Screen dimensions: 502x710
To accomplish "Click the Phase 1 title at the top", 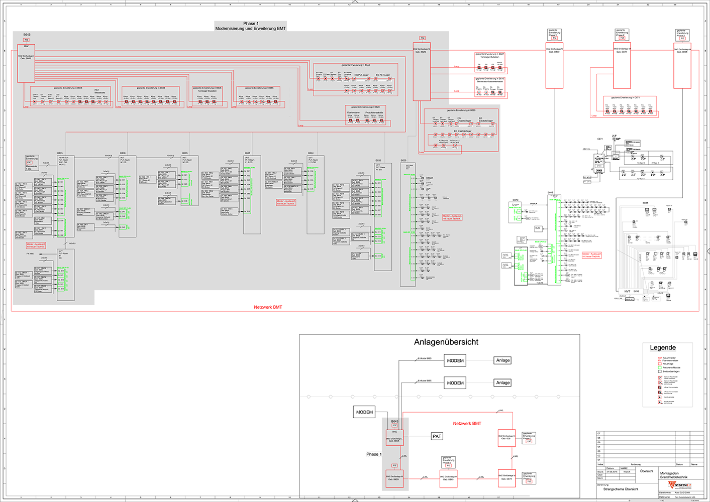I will click(251, 24).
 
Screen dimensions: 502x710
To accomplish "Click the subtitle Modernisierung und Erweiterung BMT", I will click(250, 29).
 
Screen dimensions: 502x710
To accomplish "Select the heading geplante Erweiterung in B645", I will click(68, 88).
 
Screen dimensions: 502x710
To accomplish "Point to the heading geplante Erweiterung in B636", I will click(151, 88).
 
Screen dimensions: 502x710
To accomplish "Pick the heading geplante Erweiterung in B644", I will click(356, 65).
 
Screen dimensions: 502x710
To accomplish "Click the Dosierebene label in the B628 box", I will click(353, 112).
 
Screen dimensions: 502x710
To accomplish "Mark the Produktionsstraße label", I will click(374, 112).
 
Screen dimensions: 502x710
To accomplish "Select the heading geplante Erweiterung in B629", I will click(461, 110).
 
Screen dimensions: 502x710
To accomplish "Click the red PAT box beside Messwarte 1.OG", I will click(29, 163).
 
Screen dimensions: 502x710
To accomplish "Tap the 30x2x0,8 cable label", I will click(108, 156).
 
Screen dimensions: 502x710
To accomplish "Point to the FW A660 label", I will click(30, 254).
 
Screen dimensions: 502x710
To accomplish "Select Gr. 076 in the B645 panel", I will click(61, 289).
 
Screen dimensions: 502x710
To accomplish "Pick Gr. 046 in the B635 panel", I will click(185, 201).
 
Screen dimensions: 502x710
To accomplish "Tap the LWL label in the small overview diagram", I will click(405, 456).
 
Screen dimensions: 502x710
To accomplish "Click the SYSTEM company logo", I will click(680, 485).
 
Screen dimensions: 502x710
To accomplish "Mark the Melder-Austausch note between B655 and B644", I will click(286, 202).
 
